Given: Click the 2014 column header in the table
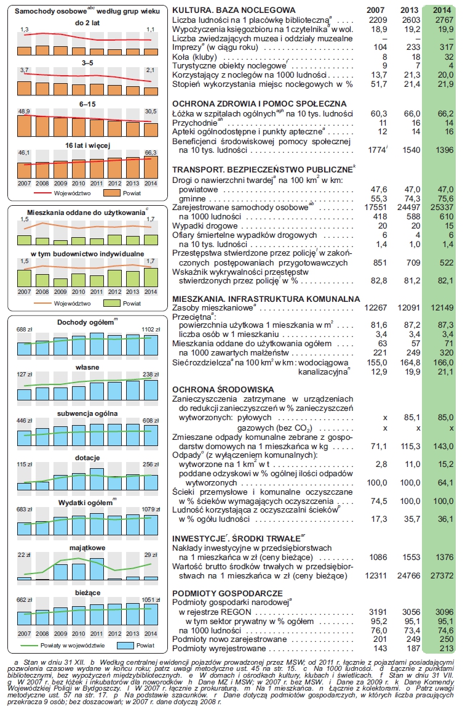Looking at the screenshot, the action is coord(442,9).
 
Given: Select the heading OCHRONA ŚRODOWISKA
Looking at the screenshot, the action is coord(223,389).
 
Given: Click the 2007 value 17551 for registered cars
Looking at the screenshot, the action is coord(376,208).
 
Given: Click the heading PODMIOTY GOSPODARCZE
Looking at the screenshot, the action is coord(228,593).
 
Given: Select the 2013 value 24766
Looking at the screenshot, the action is coord(409,576).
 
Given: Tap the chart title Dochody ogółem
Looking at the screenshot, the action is coord(85,322).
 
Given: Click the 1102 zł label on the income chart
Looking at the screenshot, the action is coord(151,330).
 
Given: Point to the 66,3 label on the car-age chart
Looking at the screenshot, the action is coord(151,153).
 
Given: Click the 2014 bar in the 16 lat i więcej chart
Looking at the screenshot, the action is coord(151,167).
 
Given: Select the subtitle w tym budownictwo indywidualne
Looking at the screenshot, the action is coord(87,254).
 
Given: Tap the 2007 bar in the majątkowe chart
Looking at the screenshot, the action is coord(24,578).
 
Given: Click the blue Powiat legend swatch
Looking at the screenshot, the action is coord(125,645).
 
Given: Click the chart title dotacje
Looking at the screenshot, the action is coord(87,458).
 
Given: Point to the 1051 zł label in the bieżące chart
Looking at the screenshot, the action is coord(151,600).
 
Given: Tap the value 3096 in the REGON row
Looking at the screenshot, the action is coord(444,612).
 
